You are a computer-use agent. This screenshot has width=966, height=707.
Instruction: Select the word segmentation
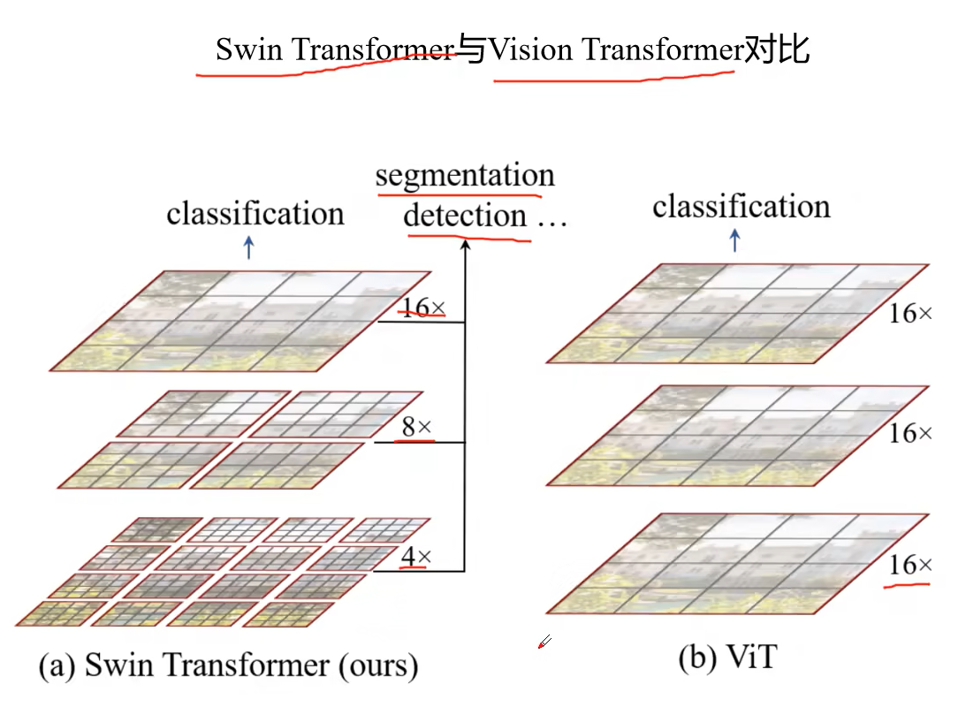[465, 175]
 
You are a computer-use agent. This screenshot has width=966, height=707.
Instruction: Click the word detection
[465, 215]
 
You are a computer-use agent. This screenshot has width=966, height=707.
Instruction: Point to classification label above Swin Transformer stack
[255, 213]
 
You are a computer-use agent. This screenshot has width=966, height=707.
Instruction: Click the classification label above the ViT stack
[742, 207]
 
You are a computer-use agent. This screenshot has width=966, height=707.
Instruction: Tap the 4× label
[416, 557]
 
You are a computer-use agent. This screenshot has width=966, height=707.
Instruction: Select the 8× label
[416, 428]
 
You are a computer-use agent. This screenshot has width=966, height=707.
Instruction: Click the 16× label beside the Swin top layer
[422, 308]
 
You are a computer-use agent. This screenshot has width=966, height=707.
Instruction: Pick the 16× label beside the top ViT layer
[910, 314]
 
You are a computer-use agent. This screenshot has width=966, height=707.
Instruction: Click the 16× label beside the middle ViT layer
[910, 433]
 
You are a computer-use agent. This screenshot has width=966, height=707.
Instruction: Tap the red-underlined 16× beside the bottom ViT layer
[910, 565]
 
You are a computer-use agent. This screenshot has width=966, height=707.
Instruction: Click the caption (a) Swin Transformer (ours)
[228, 665]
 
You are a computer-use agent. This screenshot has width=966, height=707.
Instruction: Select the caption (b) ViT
[726, 658]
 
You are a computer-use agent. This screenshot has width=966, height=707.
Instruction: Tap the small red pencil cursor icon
[544, 642]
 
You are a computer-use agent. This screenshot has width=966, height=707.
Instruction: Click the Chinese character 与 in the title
[473, 50]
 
